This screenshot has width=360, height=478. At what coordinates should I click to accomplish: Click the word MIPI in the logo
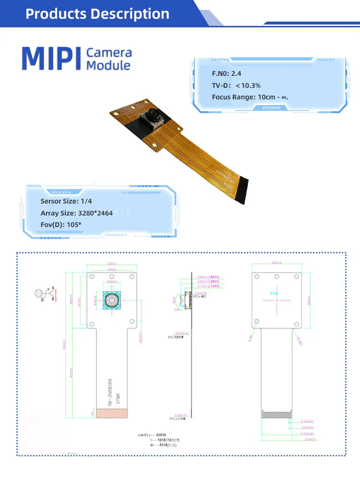tap(51, 58)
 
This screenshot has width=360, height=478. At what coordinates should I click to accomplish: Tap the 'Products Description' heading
tap(97, 13)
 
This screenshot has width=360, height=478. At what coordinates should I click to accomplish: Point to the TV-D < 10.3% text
tap(236, 85)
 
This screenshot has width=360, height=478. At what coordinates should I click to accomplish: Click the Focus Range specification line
tap(250, 97)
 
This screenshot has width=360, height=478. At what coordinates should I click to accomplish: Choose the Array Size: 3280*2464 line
tap(77, 213)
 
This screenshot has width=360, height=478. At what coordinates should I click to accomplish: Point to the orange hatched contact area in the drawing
tap(113, 413)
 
